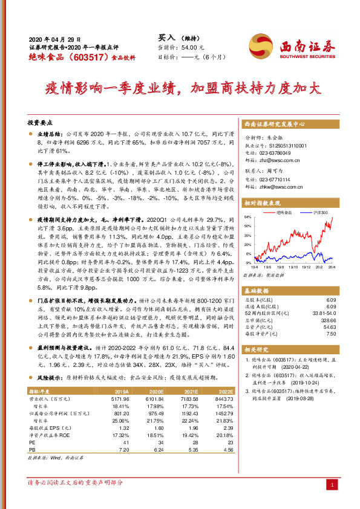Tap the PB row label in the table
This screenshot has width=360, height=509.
(x=32, y=450)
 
